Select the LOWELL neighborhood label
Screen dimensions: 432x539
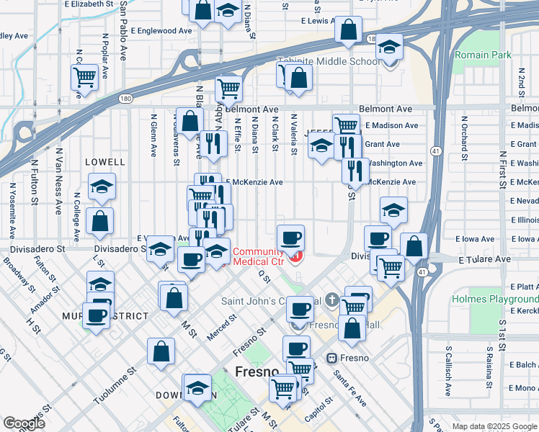coord(105,163)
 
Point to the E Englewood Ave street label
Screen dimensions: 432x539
coord(162,31)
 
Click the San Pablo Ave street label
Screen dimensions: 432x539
coord(124,32)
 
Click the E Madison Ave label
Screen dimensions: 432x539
coord(391,125)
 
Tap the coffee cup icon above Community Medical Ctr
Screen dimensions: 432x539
coord(291,237)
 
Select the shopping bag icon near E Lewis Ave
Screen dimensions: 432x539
coord(349,30)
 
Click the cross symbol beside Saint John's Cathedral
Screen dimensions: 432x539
coord(331,299)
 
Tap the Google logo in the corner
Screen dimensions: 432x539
coord(24,423)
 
